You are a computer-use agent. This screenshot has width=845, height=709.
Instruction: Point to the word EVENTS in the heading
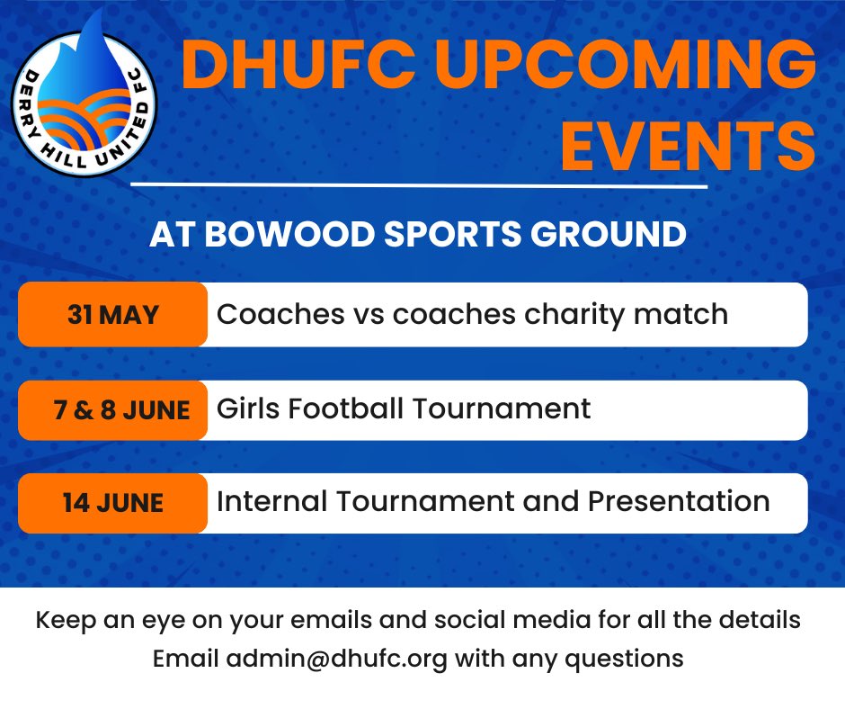click(688, 145)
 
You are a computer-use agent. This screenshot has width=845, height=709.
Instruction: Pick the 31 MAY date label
click(112, 315)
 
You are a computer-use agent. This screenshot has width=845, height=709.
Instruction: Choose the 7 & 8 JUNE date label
click(120, 410)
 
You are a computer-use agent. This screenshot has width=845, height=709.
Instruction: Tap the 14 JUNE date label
click(112, 502)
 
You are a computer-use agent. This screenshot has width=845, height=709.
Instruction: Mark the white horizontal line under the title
click(419, 186)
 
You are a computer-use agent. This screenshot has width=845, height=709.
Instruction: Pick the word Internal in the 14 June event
click(269, 501)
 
